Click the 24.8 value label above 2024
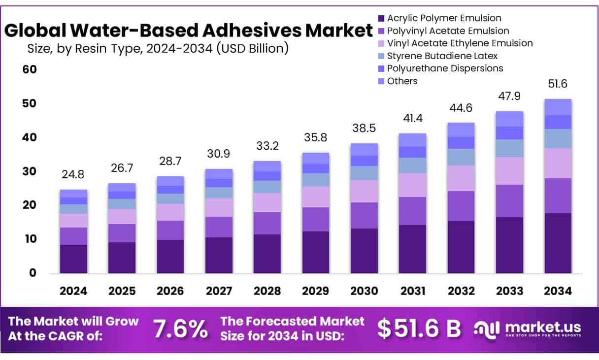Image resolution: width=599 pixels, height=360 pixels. tap(73, 174)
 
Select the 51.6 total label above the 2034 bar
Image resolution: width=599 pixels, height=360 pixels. tap(557, 84)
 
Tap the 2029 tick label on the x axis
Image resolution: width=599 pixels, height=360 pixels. tap(316, 291)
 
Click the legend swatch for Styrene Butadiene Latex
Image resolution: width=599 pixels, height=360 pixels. tap(381, 56)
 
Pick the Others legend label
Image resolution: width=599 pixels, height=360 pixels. tap(402, 81)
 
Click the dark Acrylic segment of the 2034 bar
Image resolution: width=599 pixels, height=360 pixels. tap(557, 243)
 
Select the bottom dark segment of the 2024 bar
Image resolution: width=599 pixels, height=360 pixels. tap(73, 259)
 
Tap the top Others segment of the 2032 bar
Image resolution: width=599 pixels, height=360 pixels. tap(461, 130)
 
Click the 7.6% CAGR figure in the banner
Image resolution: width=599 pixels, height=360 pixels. tap(180, 329)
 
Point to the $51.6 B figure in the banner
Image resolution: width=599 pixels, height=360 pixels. tap(419, 329)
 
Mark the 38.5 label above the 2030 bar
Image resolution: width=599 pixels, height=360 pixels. tap(364, 128)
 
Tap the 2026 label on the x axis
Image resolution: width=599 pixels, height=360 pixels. tap(170, 291)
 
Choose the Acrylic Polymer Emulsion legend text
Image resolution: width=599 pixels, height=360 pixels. tap(444, 18)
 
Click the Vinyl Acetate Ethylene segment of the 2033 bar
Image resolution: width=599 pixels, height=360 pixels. tap(509, 170)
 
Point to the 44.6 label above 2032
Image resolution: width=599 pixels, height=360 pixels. tap(461, 107)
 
